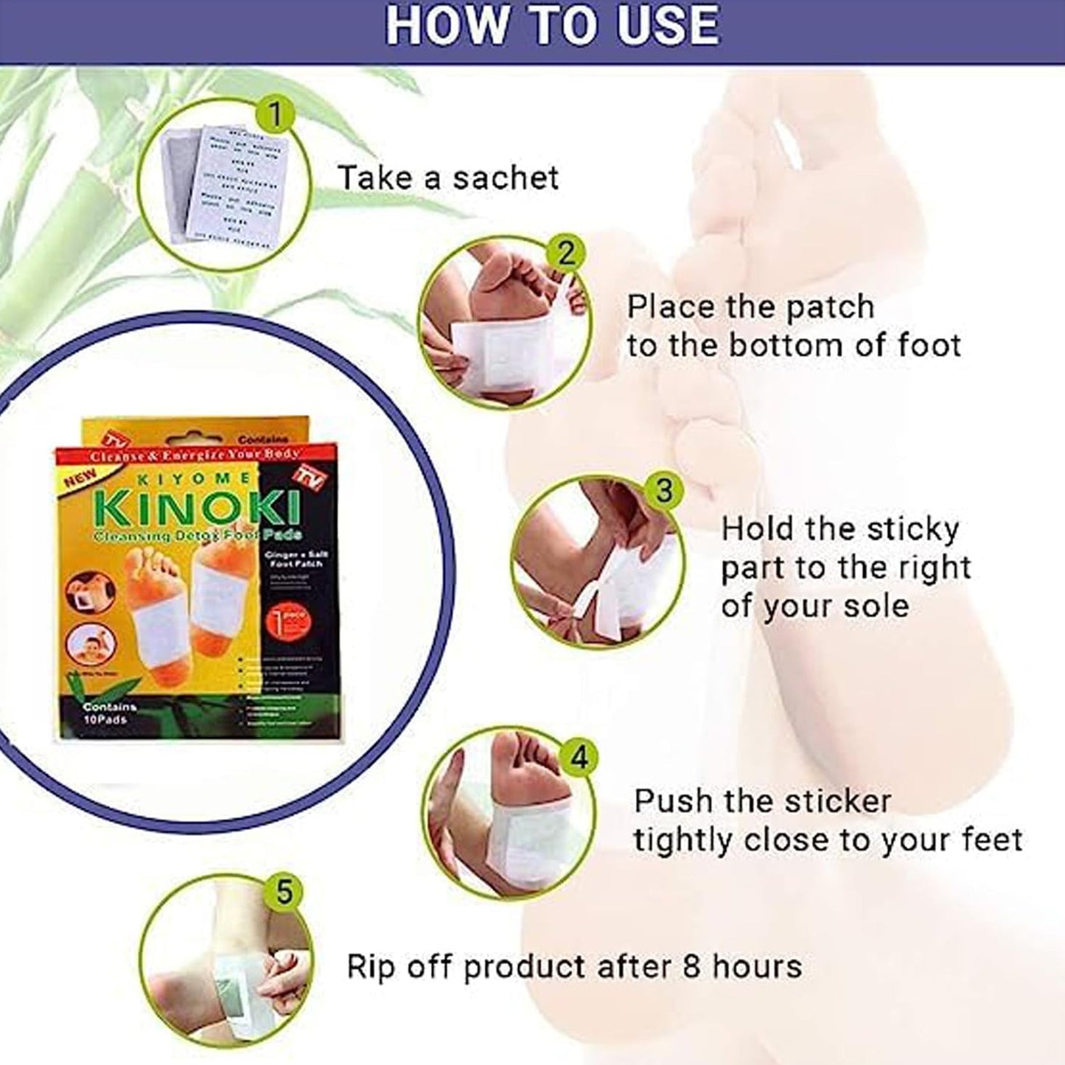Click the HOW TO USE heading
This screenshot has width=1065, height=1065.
552,25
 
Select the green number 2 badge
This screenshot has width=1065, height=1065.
565,254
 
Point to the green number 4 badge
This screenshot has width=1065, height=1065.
580,757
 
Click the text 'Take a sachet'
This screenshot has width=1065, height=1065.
447,178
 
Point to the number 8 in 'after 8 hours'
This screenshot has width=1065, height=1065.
691,966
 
